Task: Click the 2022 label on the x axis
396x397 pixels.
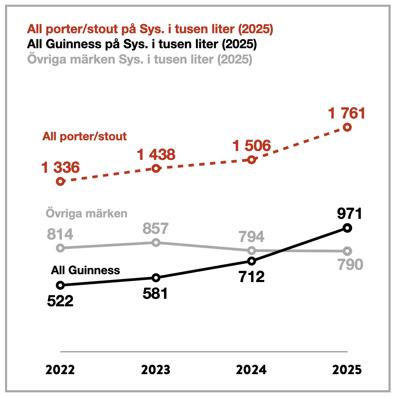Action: [x=60, y=370]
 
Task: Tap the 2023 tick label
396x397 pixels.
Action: [x=156, y=370]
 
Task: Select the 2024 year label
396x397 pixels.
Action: [x=251, y=370]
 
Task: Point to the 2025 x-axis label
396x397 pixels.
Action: [x=347, y=370]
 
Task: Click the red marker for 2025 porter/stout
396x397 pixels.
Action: [x=347, y=127]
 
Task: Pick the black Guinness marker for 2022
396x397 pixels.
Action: [x=60, y=285]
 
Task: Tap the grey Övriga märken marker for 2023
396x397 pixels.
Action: [x=156, y=242]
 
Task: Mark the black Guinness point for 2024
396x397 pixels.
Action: [x=252, y=261]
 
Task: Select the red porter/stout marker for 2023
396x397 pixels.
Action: [x=156, y=169]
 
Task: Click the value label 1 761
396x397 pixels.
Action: [x=347, y=114]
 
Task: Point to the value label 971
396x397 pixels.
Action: [x=350, y=213]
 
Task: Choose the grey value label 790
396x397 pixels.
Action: [x=350, y=265]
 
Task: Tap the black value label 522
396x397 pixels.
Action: [x=60, y=301]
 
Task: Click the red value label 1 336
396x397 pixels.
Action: [x=61, y=167]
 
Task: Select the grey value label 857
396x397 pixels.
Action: [x=156, y=228]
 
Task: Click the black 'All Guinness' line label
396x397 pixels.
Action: [x=85, y=270]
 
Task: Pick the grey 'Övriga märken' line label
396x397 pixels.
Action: [x=87, y=213]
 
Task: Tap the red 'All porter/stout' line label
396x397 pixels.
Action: [x=85, y=136]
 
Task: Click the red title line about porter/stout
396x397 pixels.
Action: [x=150, y=29]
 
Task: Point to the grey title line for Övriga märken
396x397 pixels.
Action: [x=140, y=59]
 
